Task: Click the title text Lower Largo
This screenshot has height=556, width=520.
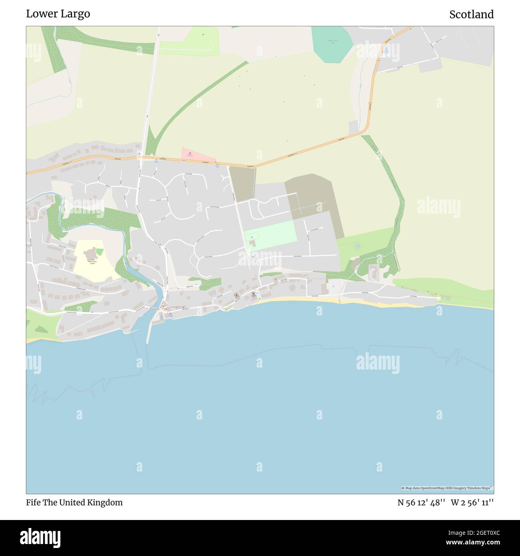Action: pos(58,14)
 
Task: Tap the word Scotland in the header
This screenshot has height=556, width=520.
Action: pos(471,14)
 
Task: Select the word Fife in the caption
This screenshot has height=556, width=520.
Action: pos(33,502)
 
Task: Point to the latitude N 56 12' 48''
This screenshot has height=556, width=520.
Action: pos(421,502)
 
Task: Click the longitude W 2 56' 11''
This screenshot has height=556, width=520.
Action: pos(472,502)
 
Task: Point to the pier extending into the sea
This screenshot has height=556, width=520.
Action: pos(149,332)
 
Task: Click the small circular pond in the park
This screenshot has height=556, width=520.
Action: pos(357,246)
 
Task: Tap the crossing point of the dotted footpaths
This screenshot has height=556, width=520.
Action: pos(300,203)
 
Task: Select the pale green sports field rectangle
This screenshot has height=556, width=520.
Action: pos(270,236)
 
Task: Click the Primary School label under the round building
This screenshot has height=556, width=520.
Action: pos(92,262)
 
